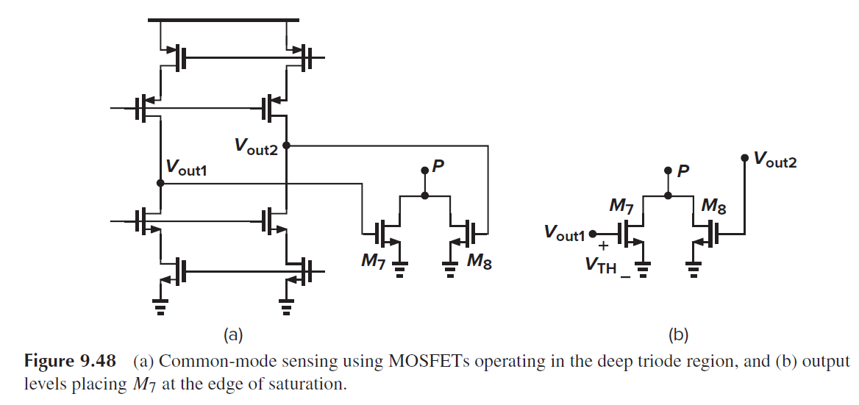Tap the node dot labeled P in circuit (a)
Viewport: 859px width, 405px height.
click(424, 171)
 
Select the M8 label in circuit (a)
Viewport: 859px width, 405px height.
click(479, 261)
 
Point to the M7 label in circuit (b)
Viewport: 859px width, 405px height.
click(623, 206)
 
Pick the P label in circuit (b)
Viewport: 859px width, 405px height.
click(683, 172)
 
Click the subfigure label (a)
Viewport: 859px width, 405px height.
click(232, 335)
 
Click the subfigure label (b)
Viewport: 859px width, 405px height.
click(677, 335)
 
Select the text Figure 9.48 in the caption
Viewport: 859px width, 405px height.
click(71, 362)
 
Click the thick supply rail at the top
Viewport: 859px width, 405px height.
click(224, 20)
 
